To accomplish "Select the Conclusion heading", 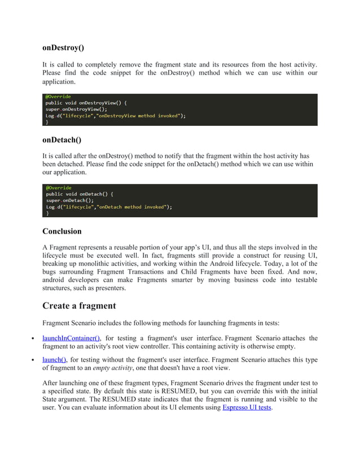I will [62, 231].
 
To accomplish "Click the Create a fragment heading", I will [79, 306].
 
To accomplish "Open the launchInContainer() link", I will [71, 338].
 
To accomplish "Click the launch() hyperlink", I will [54, 359].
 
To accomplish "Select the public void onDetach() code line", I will [80, 194].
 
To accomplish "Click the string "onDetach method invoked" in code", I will [134, 207].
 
